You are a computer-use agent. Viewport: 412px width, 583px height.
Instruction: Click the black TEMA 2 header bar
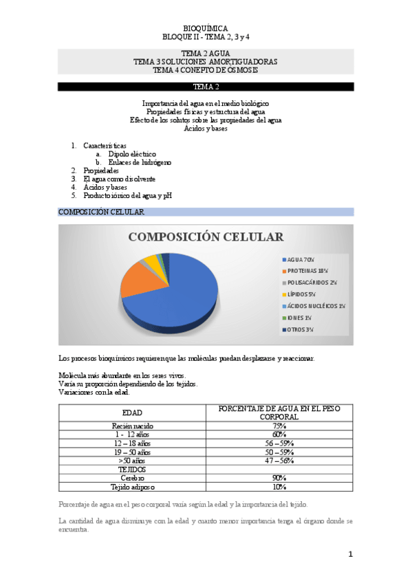pos(206,87)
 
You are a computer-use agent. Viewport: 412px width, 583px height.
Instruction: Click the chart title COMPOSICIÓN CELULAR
pos(206,237)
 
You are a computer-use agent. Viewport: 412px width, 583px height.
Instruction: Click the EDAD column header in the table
pos(132,412)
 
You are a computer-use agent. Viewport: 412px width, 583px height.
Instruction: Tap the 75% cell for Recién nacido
pos(279,426)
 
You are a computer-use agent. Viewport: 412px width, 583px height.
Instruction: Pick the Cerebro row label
pos(132,478)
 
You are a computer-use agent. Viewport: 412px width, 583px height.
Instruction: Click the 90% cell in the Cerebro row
pos(279,478)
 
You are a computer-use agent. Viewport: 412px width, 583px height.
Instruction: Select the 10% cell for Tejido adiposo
pos(279,487)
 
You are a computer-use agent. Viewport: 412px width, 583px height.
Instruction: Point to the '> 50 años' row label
pos(132,461)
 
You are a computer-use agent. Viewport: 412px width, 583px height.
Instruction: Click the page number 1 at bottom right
pos(350,554)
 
